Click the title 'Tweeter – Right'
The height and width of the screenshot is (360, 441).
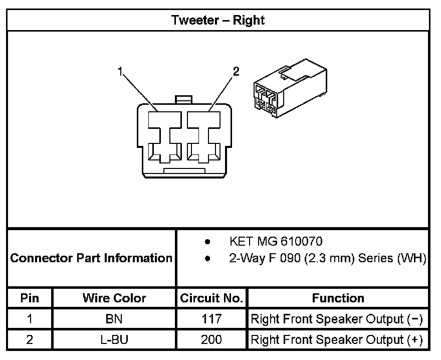click(x=218, y=20)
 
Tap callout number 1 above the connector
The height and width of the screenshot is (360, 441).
click(x=120, y=72)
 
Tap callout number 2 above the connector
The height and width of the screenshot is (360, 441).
click(x=236, y=72)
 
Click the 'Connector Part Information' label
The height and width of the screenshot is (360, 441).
click(x=91, y=258)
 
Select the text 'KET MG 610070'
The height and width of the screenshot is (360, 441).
click(x=276, y=242)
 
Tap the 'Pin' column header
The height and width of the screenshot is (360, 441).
click(x=30, y=298)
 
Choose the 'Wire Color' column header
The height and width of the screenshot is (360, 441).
click(x=114, y=298)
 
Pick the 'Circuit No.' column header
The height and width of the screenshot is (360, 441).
click(x=211, y=298)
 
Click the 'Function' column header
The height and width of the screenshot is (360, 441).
click(x=338, y=298)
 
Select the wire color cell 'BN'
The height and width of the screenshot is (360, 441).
click(x=114, y=319)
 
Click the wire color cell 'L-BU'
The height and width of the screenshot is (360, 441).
click(x=114, y=339)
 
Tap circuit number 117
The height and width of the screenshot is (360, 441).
click(x=211, y=319)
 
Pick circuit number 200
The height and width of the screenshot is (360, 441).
click(x=211, y=339)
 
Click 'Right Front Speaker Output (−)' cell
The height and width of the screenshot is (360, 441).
click(x=337, y=319)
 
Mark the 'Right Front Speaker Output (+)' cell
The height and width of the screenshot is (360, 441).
click(x=337, y=339)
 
